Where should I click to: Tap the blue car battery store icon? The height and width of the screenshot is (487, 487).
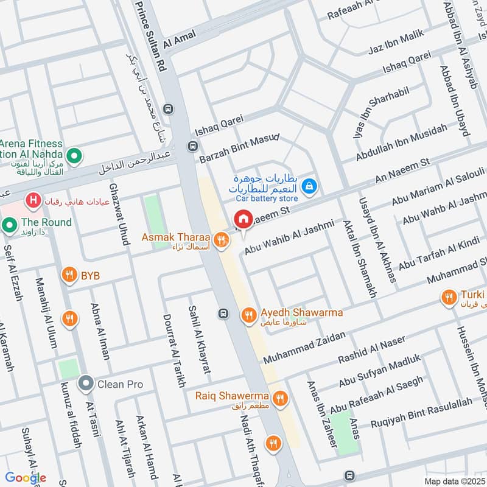(309, 186)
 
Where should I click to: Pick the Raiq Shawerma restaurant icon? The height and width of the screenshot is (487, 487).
(280, 398)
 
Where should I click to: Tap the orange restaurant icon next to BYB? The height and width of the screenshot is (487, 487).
(71, 276)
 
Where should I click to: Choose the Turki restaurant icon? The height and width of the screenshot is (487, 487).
(449, 296)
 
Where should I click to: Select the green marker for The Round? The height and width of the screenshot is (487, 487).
(9, 225)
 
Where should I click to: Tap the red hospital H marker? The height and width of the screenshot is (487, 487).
(33, 200)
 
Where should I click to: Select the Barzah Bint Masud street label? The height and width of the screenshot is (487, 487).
(238, 150)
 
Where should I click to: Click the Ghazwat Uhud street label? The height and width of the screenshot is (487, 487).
(119, 212)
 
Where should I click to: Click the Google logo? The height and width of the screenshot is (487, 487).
(26, 478)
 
